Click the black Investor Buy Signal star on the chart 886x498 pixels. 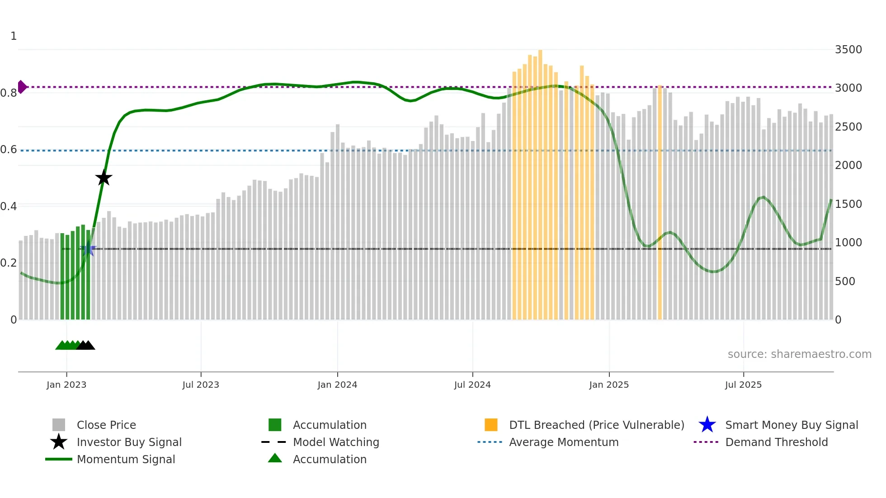pos(104,178)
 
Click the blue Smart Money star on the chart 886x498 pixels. pos(88,249)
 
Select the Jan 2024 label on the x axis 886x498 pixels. pos(337,385)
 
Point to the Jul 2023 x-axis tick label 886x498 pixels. pos(201,385)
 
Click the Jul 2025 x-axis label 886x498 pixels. pos(743,385)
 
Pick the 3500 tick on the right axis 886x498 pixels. pos(848,50)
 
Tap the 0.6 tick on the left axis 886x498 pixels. pos(9,150)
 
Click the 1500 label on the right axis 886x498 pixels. pos(848,204)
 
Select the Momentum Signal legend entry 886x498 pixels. pos(126,459)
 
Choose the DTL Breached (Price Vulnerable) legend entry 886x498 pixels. pos(596,425)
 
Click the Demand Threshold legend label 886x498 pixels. pos(776,442)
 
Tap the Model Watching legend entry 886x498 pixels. pos(335,442)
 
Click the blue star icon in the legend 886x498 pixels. pos(707,425)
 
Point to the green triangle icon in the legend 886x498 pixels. pos(275,458)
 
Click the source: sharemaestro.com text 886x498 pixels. pos(799,354)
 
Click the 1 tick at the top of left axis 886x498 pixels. pos(14,36)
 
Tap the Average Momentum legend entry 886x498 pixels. pos(563,442)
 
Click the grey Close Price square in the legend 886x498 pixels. pos(59,425)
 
